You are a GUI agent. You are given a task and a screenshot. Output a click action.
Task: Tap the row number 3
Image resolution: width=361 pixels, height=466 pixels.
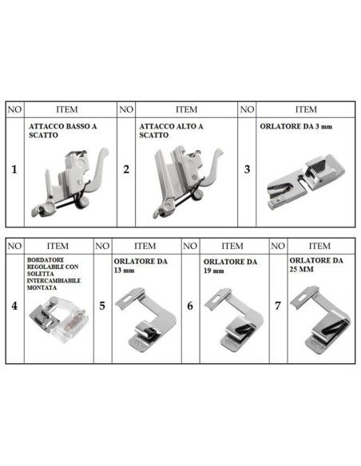(x=248, y=169)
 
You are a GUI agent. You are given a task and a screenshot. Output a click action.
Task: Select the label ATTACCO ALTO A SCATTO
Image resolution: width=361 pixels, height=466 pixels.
(x=171, y=131)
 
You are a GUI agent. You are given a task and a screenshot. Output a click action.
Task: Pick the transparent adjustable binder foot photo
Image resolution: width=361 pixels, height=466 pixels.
(x=56, y=324)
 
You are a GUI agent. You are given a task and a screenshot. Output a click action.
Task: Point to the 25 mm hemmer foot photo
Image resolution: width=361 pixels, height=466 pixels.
(x=320, y=319)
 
